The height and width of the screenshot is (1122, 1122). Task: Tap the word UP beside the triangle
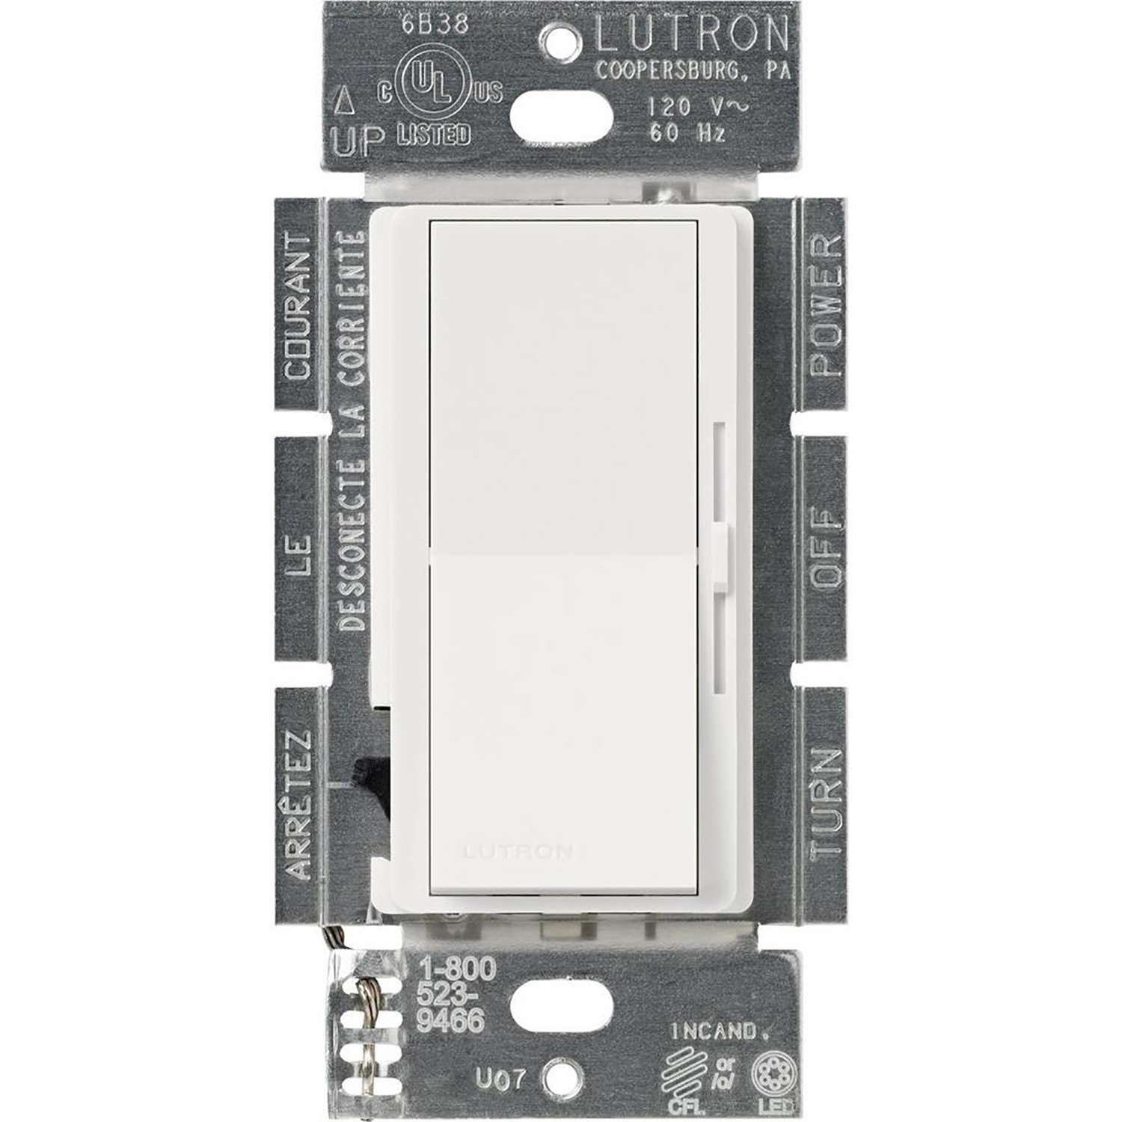[x=358, y=141]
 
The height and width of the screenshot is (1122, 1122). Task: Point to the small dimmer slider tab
[x=720, y=556]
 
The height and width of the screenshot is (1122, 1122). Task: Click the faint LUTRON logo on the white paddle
[x=518, y=851]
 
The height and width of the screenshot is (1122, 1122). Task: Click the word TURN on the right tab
[x=825, y=804]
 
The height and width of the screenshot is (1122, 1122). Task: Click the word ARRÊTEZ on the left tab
[x=297, y=804]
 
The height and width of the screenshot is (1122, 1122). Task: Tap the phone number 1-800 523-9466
[x=456, y=994]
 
